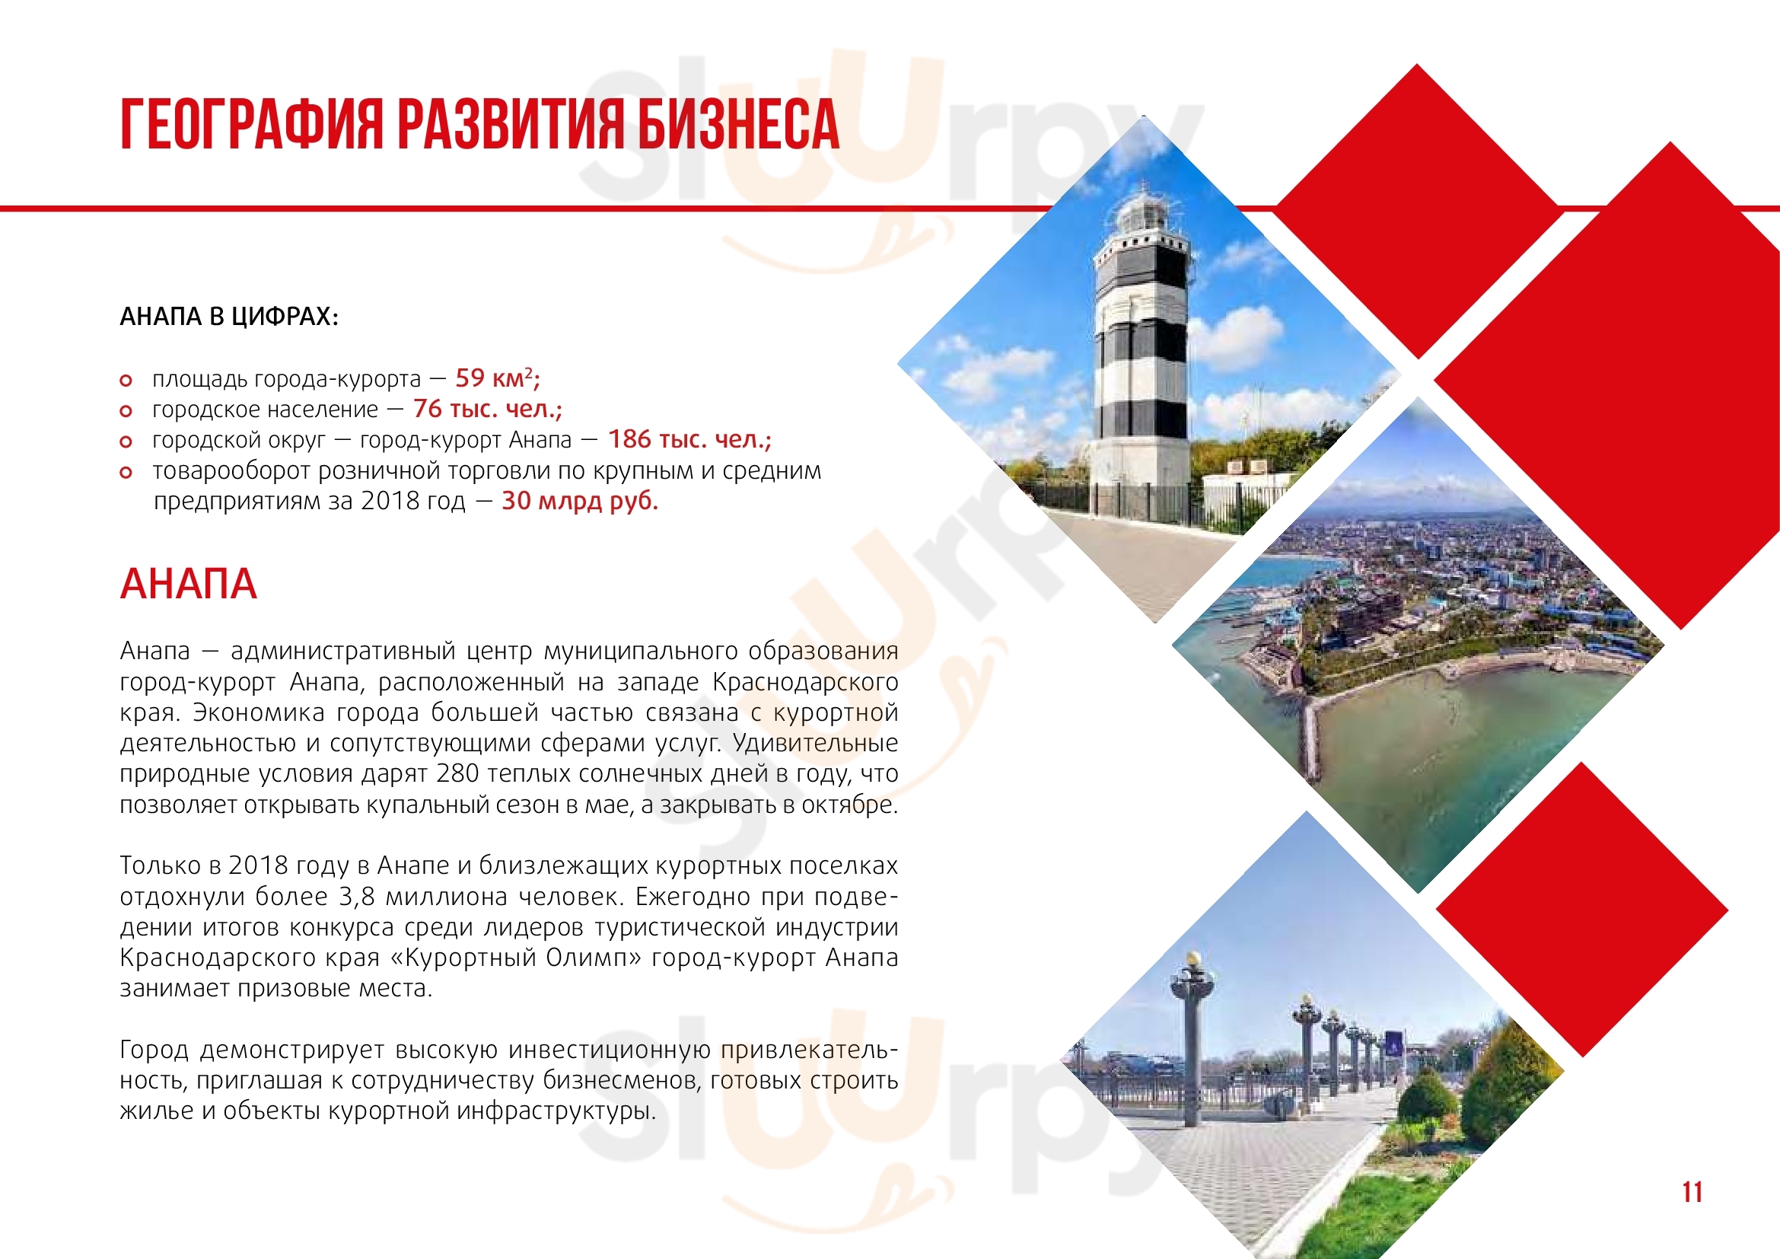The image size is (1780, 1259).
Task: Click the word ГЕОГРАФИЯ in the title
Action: coord(252,124)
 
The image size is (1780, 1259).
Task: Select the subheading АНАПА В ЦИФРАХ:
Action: coord(230,317)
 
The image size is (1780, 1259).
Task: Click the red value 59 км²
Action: coord(497,378)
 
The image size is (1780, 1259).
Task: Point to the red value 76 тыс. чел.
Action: coord(487,409)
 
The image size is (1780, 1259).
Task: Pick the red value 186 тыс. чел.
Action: coord(689,439)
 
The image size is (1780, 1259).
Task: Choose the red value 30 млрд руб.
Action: coord(579,501)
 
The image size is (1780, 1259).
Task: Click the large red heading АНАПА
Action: coord(189,584)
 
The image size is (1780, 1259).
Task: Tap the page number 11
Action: coord(1692,1191)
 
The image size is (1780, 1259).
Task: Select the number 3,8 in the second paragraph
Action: coord(357,897)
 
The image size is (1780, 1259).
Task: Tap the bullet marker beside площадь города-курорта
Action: coord(126,381)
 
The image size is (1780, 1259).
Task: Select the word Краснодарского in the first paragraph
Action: coord(804,682)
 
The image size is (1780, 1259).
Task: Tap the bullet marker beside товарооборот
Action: coord(126,472)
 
